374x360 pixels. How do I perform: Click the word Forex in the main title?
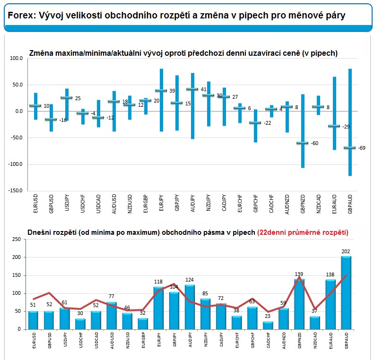click(21, 16)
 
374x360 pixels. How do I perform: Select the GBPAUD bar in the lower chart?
click(346, 293)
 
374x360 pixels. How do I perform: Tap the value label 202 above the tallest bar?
click(346, 251)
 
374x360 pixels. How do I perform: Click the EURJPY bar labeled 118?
click(158, 308)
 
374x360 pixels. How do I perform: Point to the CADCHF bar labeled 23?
click(268, 326)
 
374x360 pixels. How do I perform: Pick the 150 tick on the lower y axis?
click(17, 275)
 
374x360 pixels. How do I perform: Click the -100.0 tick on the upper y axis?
click(16, 164)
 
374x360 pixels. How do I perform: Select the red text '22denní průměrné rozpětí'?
click(303, 232)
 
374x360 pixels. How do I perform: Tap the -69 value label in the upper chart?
click(362, 148)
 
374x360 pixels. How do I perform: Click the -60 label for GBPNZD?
click(314, 143)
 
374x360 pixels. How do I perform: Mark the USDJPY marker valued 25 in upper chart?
click(67, 97)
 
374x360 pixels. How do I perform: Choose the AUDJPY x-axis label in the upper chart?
click(193, 204)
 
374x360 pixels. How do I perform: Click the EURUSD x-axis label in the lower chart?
click(34, 341)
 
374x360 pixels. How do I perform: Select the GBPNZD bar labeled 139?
click(299, 304)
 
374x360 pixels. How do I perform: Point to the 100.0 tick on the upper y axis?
click(16, 59)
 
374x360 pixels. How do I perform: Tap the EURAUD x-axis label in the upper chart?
click(334, 204)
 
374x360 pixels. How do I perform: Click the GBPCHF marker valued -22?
click(255, 123)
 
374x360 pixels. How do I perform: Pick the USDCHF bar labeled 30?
click(80, 324)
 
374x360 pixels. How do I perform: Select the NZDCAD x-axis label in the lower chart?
click(315, 341)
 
